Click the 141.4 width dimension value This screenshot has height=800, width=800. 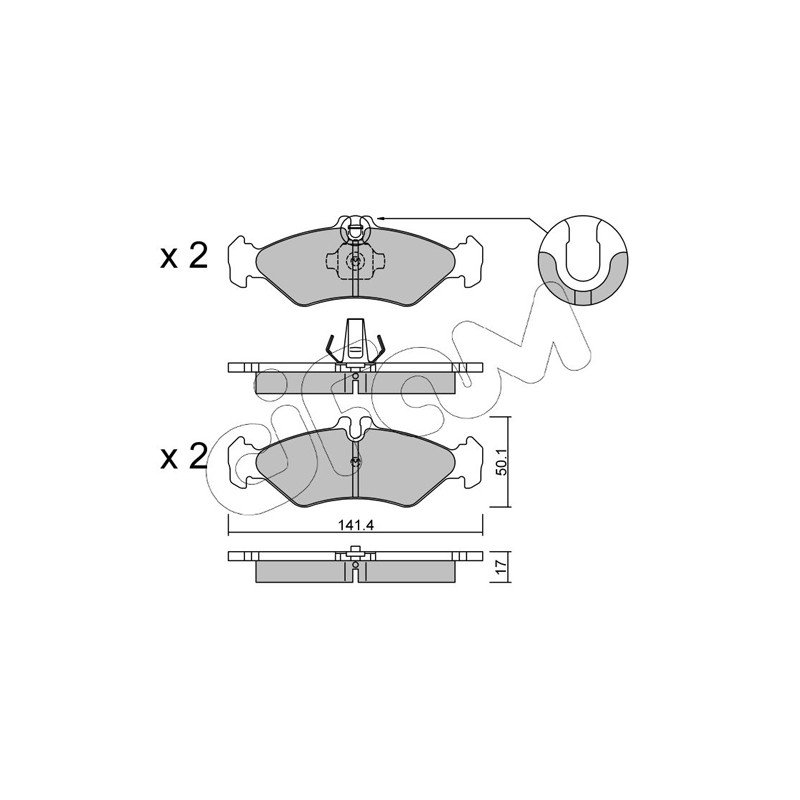(x=356, y=526)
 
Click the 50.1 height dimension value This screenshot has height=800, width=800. (x=501, y=463)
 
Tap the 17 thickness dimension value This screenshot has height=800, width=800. (x=501, y=565)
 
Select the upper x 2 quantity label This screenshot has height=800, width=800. (x=184, y=256)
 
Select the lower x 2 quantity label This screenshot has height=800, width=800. (x=184, y=457)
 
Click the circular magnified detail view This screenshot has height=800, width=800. (x=583, y=259)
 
